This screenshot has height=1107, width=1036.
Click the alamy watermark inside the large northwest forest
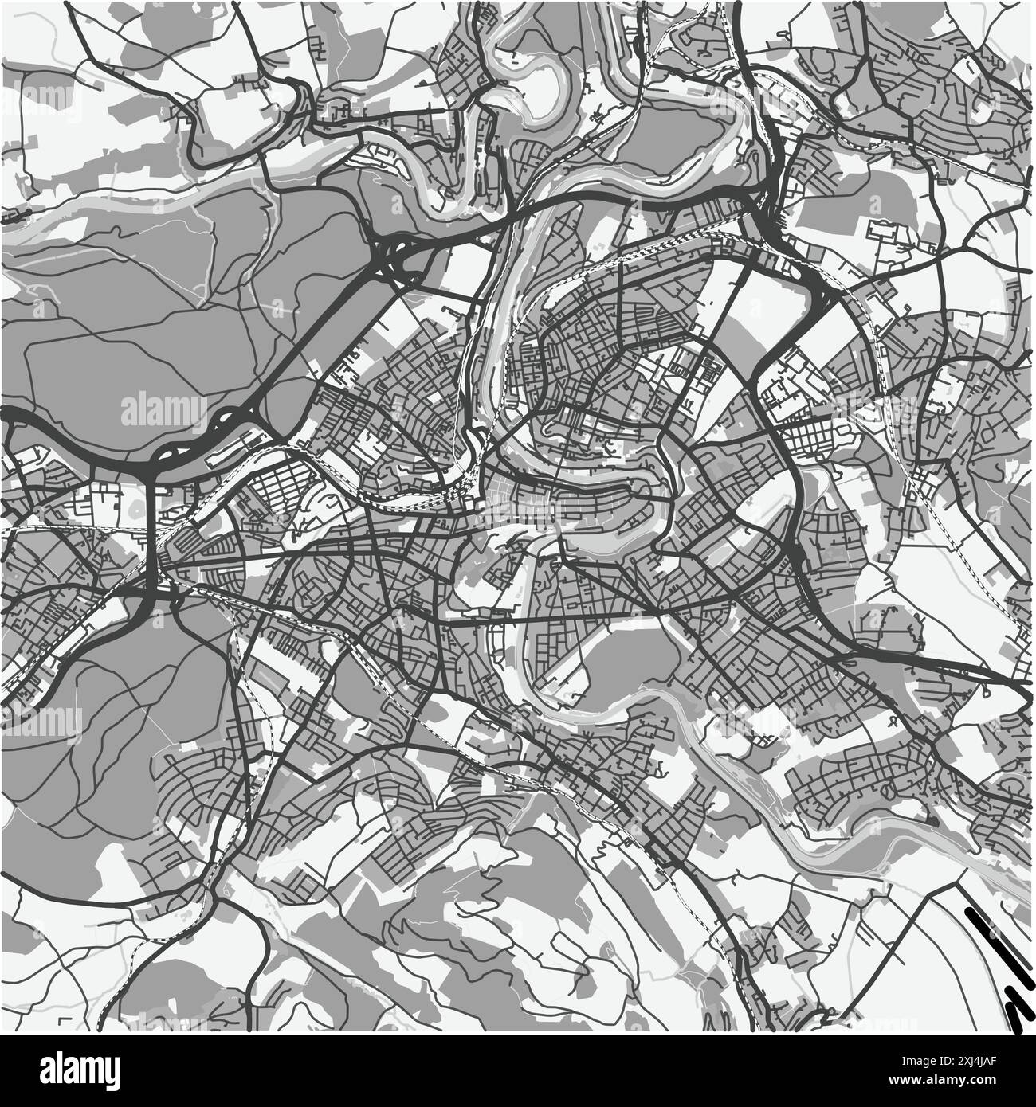click(x=163, y=411)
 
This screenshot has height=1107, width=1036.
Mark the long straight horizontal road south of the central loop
click(x=558, y=617)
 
